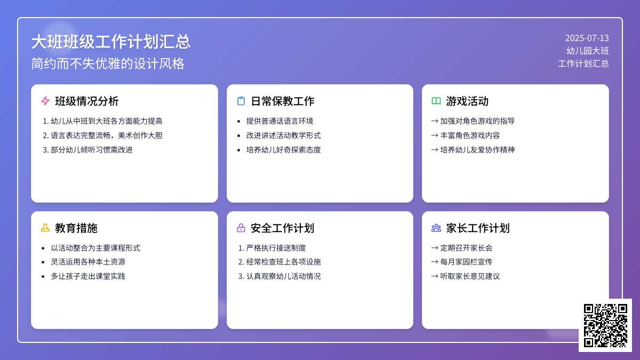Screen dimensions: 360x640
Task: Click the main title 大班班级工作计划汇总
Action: pos(111,42)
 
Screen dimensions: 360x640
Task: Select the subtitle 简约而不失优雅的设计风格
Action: pos(108,63)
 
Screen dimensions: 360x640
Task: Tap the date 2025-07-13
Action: pos(587,38)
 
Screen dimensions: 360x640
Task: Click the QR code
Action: pos(605,325)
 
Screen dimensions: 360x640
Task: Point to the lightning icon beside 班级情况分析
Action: pos(45,101)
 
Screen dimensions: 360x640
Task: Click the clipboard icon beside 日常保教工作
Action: pos(241,101)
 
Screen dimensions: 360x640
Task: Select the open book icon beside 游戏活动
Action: pos(436,101)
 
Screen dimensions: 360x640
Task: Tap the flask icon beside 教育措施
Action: pos(45,228)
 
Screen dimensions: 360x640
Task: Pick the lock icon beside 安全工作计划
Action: pos(241,228)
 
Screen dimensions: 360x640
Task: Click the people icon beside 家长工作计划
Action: pos(436,228)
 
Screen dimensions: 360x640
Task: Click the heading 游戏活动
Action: pos(467,101)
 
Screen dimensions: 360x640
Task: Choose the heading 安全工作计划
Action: pos(282,228)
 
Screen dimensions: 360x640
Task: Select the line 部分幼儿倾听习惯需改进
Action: pos(92,150)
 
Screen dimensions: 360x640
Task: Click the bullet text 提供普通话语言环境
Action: pos(279,121)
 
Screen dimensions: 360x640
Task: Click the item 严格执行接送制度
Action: pos(276,248)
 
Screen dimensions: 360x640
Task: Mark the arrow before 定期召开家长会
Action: pos(434,248)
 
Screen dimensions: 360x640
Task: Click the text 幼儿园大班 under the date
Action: pos(587,51)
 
